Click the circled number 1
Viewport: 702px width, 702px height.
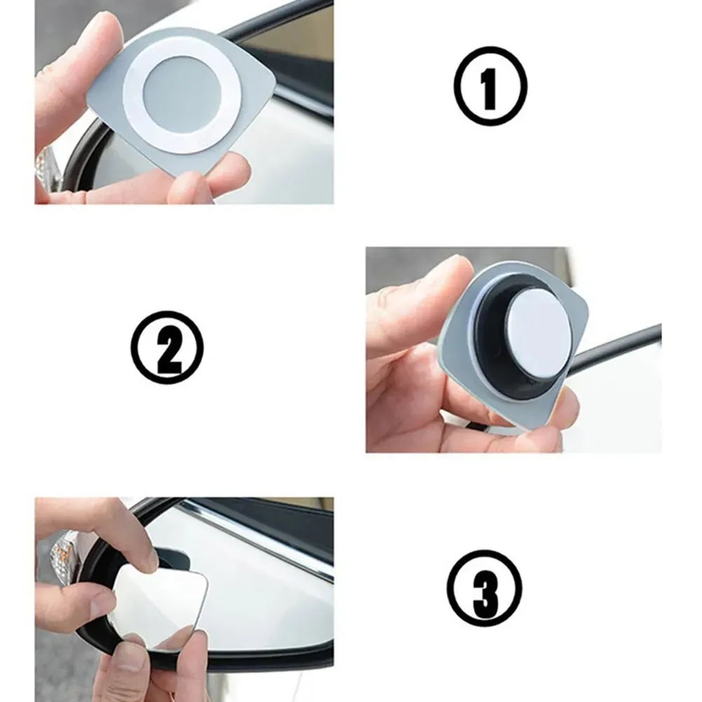click(x=491, y=86)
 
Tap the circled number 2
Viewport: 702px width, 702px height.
click(x=167, y=347)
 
